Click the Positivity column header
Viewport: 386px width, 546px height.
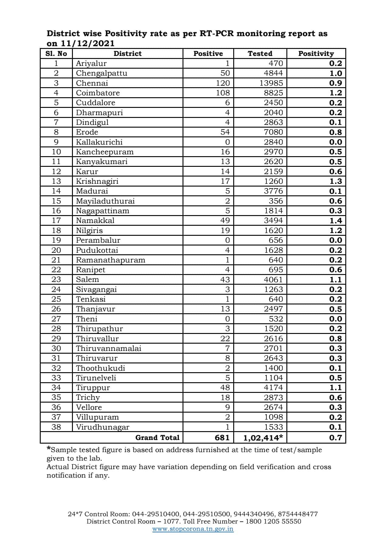click(316, 53)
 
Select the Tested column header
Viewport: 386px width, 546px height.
click(260, 53)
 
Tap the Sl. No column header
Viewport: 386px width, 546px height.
click(56, 53)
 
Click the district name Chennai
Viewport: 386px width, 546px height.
click(92, 83)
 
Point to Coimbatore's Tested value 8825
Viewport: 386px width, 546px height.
click(273, 93)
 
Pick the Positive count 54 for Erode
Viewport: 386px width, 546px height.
click(225, 132)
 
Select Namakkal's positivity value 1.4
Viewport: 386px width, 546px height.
click(336, 221)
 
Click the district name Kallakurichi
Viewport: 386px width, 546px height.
click(99, 142)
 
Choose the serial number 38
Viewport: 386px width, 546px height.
click(56, 427)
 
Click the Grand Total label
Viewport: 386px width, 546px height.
click(157, 438)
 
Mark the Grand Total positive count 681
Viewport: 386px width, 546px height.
click(222, 438)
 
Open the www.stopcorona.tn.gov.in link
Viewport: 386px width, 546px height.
click(193, 529)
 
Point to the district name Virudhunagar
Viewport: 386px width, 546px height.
click(103, 427)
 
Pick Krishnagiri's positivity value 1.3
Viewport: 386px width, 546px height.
click(336, 181)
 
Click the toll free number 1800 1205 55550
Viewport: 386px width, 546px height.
click(273, 521)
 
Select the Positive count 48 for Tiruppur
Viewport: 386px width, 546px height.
click(225, 387)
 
